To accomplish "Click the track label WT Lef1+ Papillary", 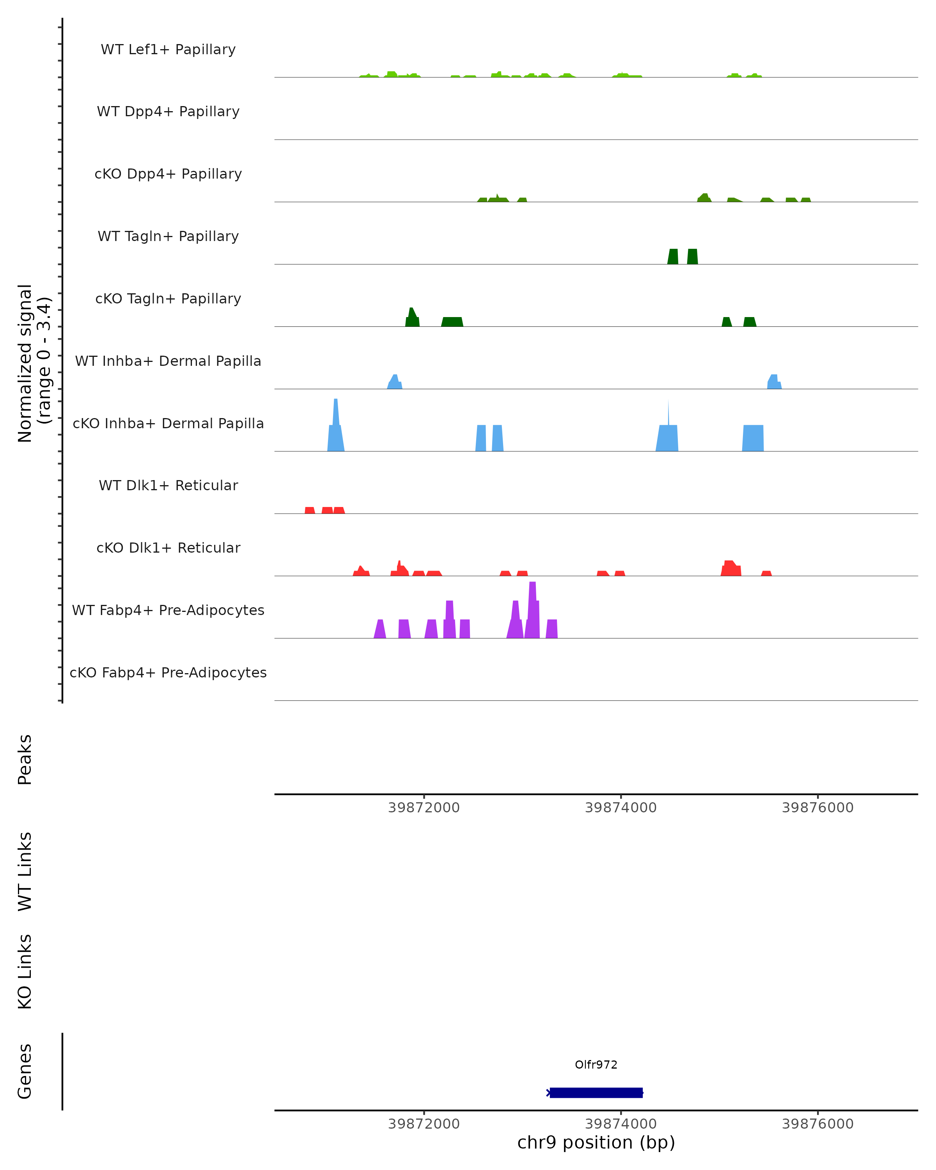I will (168, 50).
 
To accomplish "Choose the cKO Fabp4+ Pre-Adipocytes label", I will (168, 672).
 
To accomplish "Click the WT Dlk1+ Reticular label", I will (168, 485).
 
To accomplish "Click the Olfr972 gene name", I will (596, 1064).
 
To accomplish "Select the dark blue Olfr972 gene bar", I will (596, 1092).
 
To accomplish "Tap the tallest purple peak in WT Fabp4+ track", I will (532, 608).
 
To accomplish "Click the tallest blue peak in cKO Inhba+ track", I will (336, 423).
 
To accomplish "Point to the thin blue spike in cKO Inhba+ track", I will (668, 413).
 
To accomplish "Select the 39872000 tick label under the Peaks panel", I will (424, 808).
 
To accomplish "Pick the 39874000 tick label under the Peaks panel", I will (621, 808).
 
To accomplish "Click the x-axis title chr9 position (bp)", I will (596, 1142).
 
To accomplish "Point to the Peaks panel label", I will (25, 759).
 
